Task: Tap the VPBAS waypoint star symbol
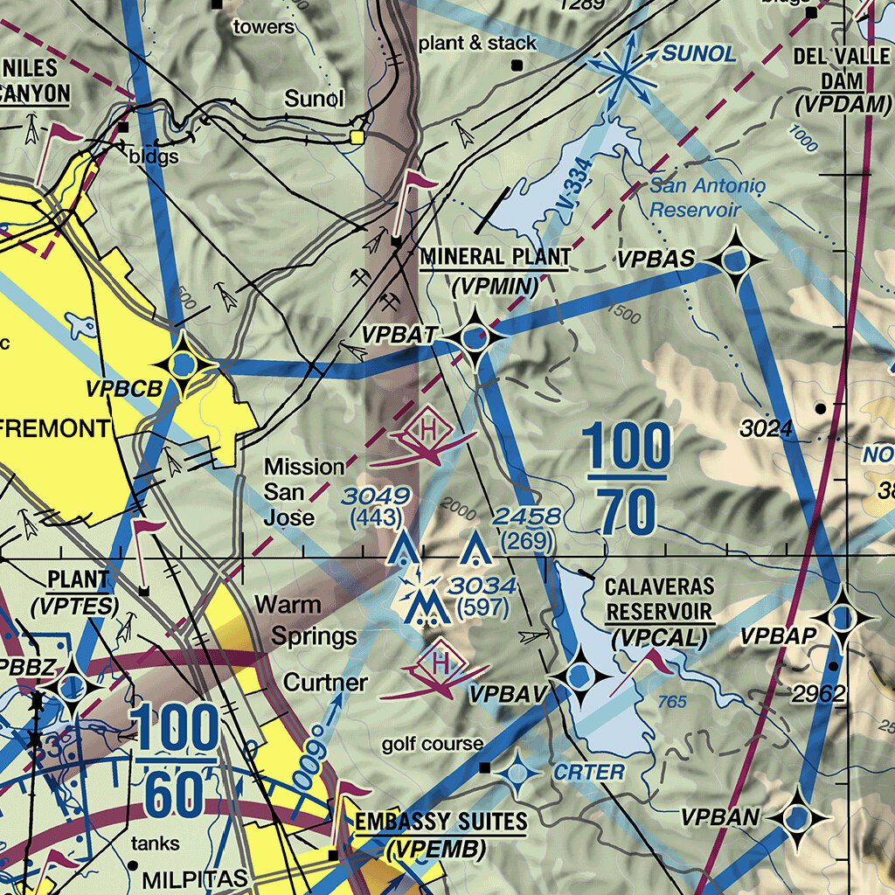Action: pyautogui.click(x=734, y=260)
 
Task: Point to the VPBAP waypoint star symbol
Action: pyautogui.click(x=843, y=619)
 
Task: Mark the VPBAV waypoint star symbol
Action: pyautogui.click(x=579, y=676)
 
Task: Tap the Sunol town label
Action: pyautogui.click(x=314, y=99)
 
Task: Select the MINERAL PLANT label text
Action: pyautogui.click(x=496, y=257)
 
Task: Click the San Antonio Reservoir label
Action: pyautogui.click(x=695, y=198)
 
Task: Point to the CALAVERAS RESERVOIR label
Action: pyautogui.click(x=660, y=599)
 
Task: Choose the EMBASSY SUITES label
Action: pyautogui.click(x=441, y=822)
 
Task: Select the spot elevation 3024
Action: pyautogui.click(x=766, y=428)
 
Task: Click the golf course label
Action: pyautogui.click(x=432, y=744)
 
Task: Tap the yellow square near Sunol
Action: pyautogui.click(x=357, y=136)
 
